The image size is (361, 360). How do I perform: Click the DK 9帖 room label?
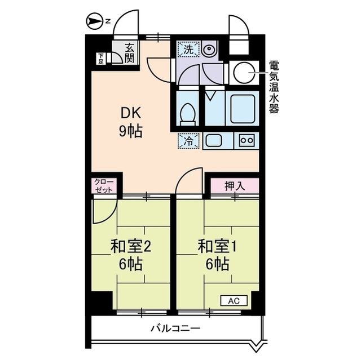point(130,122)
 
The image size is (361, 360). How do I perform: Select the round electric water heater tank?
point(244,72)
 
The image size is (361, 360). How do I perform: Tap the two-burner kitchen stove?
point(247,140)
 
